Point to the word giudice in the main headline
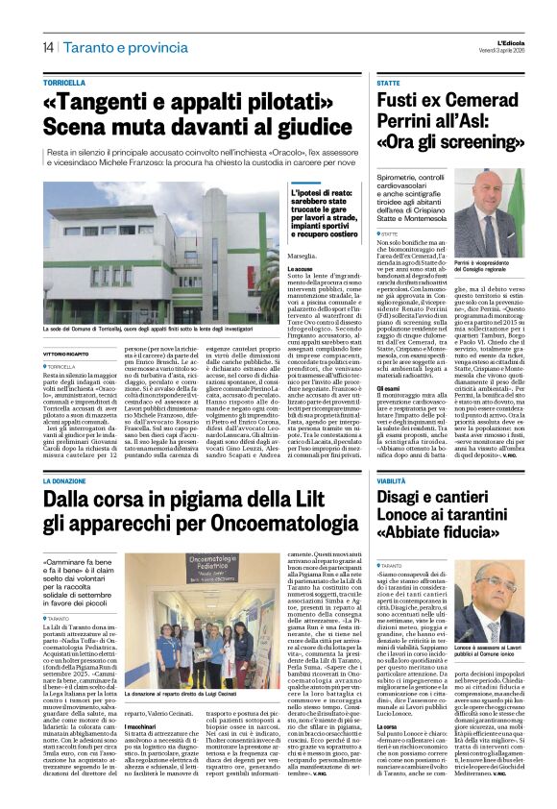point(306,129)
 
